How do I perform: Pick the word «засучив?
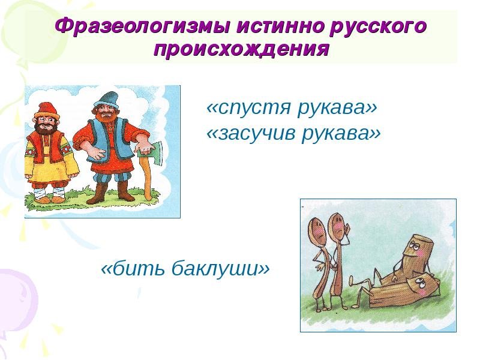pos(251,133)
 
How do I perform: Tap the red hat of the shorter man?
pos(47,110)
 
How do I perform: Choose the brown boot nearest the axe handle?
pos(125,191)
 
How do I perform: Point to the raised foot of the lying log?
pos(353,279)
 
